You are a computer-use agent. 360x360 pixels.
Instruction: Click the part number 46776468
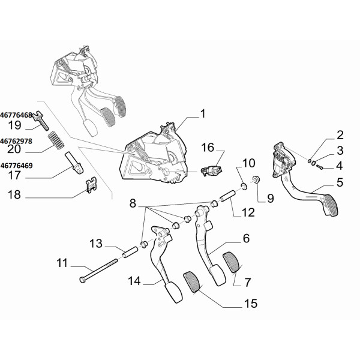pos(16,115)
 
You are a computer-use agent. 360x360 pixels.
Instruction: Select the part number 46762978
pos(16,141)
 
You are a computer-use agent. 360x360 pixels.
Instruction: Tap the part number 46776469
pos(17,166)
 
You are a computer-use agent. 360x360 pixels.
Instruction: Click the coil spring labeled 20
pos(56,140)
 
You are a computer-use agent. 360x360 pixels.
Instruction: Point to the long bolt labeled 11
pos(98,271)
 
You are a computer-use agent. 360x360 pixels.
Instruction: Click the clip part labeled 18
pos(91,185)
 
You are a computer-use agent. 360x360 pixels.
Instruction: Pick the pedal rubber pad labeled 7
pos(232,262)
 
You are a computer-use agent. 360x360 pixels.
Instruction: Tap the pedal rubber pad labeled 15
pos(192,282)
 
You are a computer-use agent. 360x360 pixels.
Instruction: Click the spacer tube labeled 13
pos(130,252)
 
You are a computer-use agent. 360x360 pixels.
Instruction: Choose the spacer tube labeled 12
pos(227,195)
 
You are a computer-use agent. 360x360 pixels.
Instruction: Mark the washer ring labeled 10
pos(244,187)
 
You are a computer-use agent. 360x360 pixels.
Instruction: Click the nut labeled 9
pos(256,179)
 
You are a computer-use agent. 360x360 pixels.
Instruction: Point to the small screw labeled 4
pos(319,167)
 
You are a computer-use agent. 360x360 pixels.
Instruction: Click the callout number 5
pos(340,182)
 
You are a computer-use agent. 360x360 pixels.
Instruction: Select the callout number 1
pos(203,114)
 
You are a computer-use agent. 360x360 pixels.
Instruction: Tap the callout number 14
pos(134,281)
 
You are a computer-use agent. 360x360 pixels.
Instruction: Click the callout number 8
pos(133,203)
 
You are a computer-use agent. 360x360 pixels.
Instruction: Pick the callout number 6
pos(246,239)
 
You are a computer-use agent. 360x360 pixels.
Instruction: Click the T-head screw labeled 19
pos(41,120)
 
